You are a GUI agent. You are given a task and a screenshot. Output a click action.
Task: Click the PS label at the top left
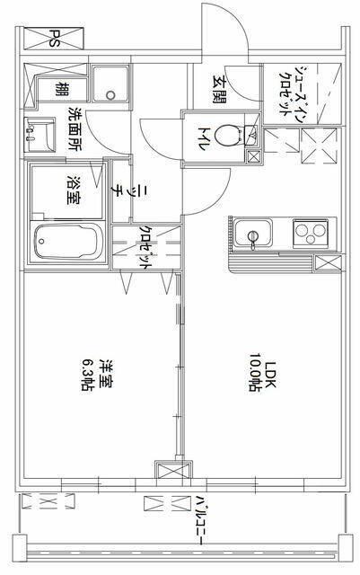55,39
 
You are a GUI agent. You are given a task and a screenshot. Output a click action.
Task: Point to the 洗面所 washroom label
75,128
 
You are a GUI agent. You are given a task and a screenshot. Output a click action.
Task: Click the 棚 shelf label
58,90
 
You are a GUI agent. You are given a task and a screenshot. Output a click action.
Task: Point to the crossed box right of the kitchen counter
327,263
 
